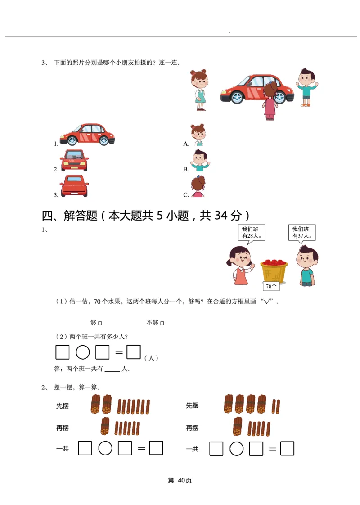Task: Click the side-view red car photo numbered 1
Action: click(x=87, y=135)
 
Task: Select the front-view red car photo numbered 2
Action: click(x=74, y=161)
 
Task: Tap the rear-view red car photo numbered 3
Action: click(x=74, y=186)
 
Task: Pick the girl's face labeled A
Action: click(x=198, y=135)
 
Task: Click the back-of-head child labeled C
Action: click(x=198, y=186)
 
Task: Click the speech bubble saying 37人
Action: click(x=302, y=232)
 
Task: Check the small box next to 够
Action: click(x=100, y=323)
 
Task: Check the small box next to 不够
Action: click(x=162, y=323)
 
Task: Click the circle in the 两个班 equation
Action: click(x=83, y=352)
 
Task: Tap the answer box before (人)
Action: click(x=134, y=352)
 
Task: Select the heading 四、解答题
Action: click(x=69, y=216)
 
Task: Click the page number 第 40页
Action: click(x=180, y=481)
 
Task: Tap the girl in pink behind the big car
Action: click(x=270, y=101)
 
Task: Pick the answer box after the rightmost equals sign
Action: click(x=287, y=448)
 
